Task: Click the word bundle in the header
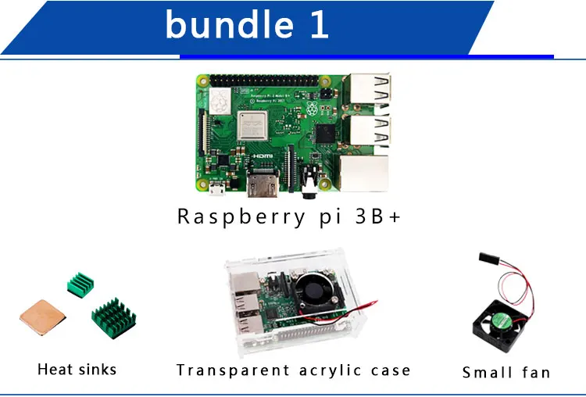pyautogui.click(x=228, y=25)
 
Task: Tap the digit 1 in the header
pyautogui.click(x=318, y=25)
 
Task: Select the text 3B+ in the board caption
pyautogui.click(x=378, y=216)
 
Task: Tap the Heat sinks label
pyautogui.click(x=77, y=369)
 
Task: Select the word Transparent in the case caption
pyautogui.click(x=233, y=370)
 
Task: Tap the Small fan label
pyautogui.click(x=506, y=373)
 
